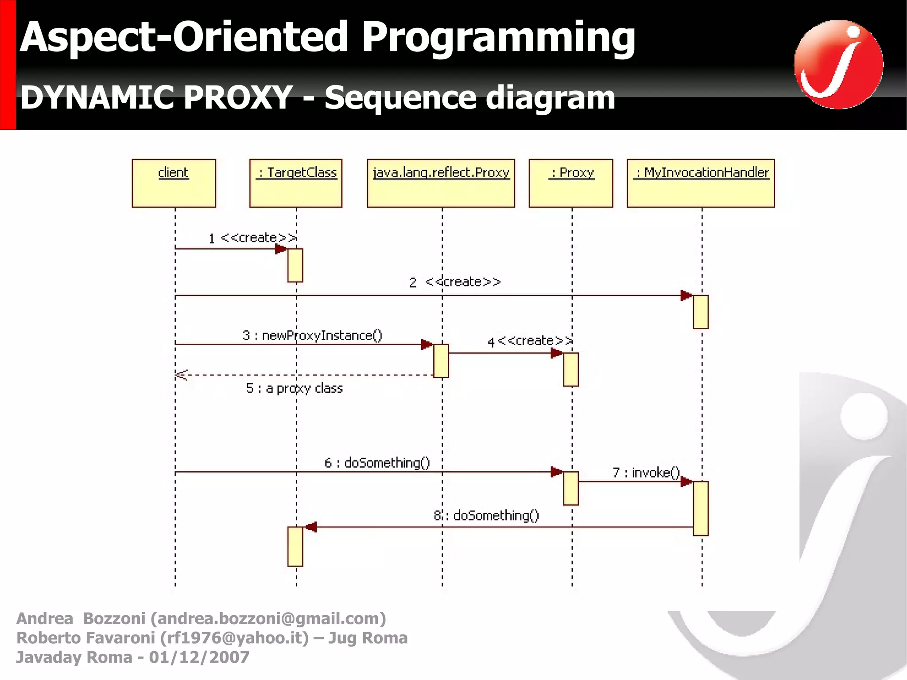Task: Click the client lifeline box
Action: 174,183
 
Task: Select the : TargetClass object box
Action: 296,183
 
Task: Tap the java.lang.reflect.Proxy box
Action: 441,183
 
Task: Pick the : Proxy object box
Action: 571,183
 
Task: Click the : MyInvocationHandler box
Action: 701,183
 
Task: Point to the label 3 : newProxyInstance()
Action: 312,335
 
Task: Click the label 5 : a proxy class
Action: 295,389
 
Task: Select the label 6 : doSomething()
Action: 377,463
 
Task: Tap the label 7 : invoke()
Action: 646,473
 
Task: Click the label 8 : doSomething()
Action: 486,516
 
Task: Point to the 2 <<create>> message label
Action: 455,282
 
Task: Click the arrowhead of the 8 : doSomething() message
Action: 310,527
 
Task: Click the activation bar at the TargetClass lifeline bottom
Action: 295,546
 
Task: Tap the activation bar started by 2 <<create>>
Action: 701,312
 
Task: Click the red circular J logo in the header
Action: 838,65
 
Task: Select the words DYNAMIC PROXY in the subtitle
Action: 156,97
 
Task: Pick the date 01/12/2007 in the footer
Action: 199,657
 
